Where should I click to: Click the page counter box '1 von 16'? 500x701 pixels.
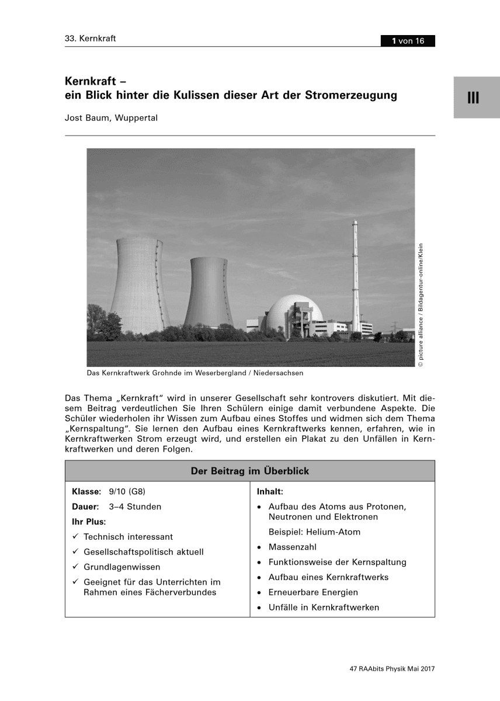(408, 41)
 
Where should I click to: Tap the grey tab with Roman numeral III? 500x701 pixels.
(473, 98)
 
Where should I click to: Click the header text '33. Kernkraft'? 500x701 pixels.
(91, 39)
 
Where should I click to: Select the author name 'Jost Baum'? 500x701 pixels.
(88, 117)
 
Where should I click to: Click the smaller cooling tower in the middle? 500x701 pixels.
(208, 292)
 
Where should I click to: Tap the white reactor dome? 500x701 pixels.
(280, 315)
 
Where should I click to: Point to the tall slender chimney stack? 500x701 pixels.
(355, 275)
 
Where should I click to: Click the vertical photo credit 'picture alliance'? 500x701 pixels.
(420, 342)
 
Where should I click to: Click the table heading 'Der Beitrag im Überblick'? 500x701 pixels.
(250, 471)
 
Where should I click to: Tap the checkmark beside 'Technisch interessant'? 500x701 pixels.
(75, 536)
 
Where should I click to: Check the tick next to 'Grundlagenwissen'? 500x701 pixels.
(75, 567)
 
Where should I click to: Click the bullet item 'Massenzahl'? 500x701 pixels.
(291, 547)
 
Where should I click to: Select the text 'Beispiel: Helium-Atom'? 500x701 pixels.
(314, 532)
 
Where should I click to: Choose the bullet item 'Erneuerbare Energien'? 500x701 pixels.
(313, 592)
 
